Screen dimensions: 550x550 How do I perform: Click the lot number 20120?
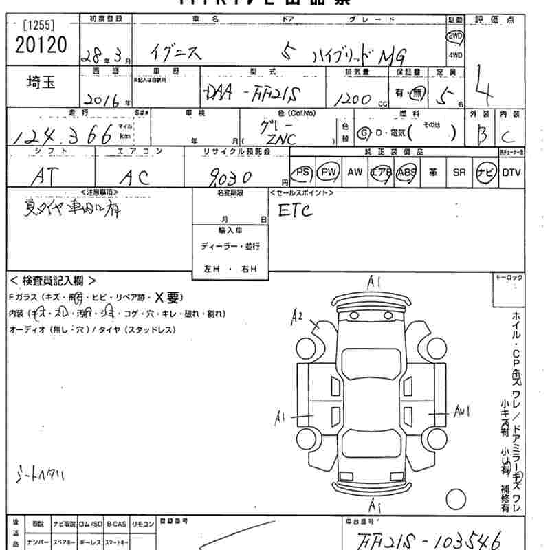click(x=39, y=45)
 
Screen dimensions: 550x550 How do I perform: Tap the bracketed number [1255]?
click(x=38, y=25)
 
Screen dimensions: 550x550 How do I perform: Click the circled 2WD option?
click(x=455, y=36)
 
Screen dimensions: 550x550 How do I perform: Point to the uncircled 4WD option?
click(x=455, y=55)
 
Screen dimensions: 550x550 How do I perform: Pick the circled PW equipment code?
click(x=330, y=173)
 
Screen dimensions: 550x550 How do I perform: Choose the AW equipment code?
click(x=355, y=173)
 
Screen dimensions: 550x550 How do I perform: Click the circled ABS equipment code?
click(x=406, y=173)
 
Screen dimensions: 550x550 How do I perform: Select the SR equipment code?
click(x=459, y=173)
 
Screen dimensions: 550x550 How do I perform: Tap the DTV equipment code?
click(x=511, y=173)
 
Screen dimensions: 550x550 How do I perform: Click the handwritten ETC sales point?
click(x=296, y=210)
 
